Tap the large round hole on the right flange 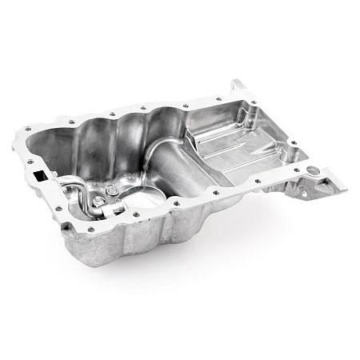point(313,170)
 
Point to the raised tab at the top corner point(239,85)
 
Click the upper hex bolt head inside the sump point(111,190)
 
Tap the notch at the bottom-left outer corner point(64,229)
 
